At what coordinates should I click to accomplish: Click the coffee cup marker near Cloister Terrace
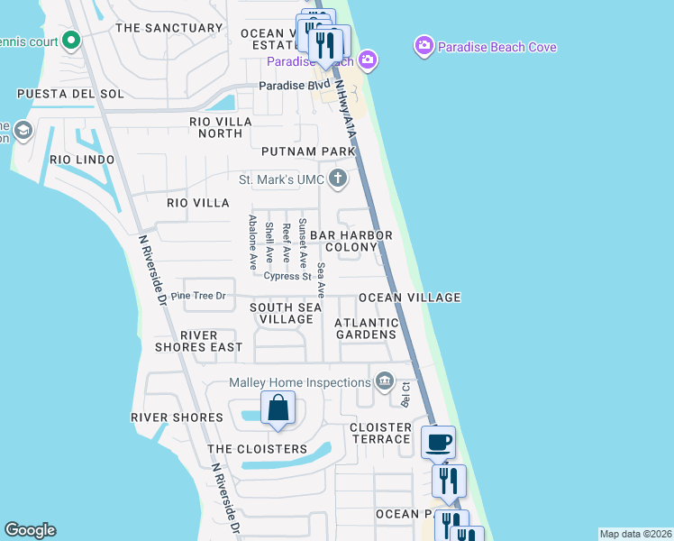(438, 442)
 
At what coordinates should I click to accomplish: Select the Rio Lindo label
(82, 160)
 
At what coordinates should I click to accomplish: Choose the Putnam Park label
(305, 151)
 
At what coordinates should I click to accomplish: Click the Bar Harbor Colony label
(351, 241)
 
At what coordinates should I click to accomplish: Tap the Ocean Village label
(410, 298)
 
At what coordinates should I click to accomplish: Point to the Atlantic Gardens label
(366, 328)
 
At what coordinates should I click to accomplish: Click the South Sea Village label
(286, 313)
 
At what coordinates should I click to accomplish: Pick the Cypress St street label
(287, 276)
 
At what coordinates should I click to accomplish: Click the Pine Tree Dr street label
(197, 296)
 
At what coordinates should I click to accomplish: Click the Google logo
(30, 530)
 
